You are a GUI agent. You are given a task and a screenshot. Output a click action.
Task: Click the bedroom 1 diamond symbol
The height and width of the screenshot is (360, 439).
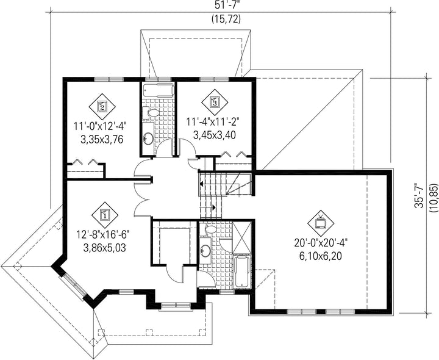tap(105, 215)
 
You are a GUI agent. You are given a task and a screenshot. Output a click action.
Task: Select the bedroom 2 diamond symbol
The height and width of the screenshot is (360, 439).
tap(102, 106)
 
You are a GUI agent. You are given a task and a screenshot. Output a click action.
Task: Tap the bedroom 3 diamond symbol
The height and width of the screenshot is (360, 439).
tap(215, 103)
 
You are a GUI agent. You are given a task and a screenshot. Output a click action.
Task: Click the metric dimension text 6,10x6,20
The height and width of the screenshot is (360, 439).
tap(321, 256)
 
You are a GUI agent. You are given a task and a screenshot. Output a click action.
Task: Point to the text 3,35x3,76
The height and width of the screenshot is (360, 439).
tap(102, 139)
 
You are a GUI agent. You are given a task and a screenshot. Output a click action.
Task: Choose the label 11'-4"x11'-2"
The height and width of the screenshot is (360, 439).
tap(215, 123)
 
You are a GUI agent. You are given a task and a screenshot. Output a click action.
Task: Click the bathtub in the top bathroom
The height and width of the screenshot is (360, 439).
tap(158, 90)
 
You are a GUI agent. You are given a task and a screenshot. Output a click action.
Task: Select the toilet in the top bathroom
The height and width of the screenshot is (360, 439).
tap(151, 113)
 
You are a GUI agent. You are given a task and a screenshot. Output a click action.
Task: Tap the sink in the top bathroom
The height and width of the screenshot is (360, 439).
tap(148, 137)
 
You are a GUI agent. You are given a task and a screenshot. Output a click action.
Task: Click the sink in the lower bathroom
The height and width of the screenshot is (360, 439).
tap(206, 250)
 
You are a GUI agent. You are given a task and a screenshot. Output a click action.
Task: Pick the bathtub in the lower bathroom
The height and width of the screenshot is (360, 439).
tap(242, 271)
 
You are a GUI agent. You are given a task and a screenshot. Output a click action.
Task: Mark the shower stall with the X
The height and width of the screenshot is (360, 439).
tap(242, 237)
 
